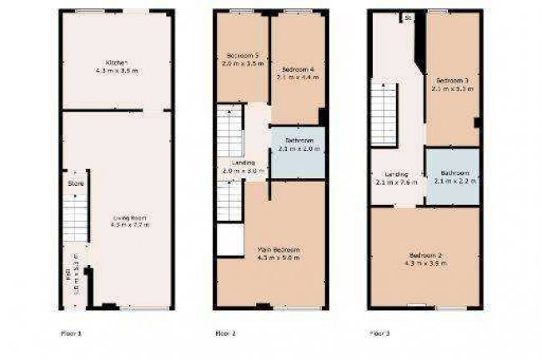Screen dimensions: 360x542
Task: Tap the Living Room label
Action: click(124, 218)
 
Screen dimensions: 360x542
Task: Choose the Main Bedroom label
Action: click(279, 249)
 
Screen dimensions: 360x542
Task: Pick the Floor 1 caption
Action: click(72, 332)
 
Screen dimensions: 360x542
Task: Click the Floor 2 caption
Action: click(226, 332)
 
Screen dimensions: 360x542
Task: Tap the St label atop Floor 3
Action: click(408, 16)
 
